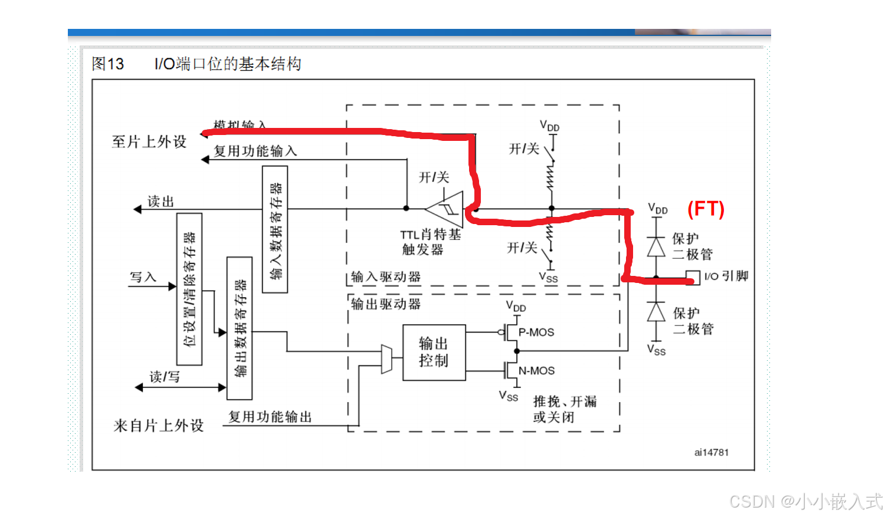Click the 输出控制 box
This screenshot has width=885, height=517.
pyautogui.click(x=434, y=352)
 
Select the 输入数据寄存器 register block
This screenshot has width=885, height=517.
pyautogui.click(x=275, y=229)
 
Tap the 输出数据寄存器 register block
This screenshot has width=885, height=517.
pyautogui.click(x=240, y=328)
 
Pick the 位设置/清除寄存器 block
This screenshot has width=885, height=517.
pyautogui.click(x=189, y=289)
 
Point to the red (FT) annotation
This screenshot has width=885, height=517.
pyautogui.click(x=706, y=209)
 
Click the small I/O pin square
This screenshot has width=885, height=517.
pyautogui.click(x=693, y=277)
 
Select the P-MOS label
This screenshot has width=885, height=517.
pyautogui.click(x=536, y=332)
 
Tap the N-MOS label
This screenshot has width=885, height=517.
pyautogui.click(x=536, y=371)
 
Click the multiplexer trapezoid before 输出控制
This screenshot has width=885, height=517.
pyautogui.click(x=386, y=358)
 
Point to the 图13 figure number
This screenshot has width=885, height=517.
pyautogui.click(x=107, y=64)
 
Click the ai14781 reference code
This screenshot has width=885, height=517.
pyautogui.click(x=711, y=452)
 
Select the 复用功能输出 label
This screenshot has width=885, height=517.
pyautogui.click(x=270, y=417)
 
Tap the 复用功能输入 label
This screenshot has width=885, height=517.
pyautogui.click(x=255, y=151)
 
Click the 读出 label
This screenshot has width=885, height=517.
pyautogui.click(x=160, y=202)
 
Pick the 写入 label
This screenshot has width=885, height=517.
pyautogui.click(x=143, y=277)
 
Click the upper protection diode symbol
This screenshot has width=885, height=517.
pyautogui.click(x=656, y=246)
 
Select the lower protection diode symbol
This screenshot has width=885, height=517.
pyautogui.click(x=656, y=312)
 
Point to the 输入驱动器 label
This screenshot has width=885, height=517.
pyautogui.click(x=386, y=277)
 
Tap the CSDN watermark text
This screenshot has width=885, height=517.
pyautogui.click(x=805, y=502)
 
